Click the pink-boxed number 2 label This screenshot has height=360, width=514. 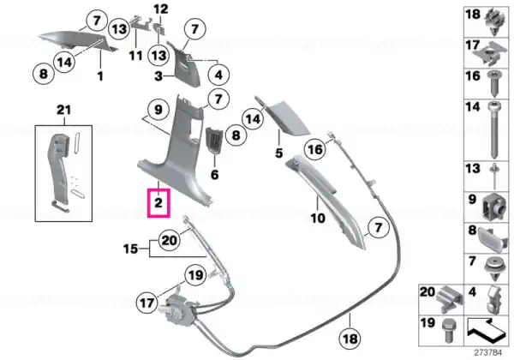pos(158,203)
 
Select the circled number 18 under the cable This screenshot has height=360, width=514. pos(350,339)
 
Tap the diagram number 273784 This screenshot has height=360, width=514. pos(487,353)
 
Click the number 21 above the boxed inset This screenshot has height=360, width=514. pos(64,110)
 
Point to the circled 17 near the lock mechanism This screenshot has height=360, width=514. pos(146,303)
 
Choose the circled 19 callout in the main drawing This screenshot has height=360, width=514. pos(195,275)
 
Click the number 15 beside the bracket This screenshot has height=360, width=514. pos(130,249)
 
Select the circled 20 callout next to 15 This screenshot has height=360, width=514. pos(169,241)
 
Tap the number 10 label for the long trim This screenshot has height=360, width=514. pos(318,218)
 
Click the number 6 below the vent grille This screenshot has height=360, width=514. pos(215,174)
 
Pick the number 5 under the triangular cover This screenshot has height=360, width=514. pos(279,153)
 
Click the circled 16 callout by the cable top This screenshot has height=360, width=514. pos(315,149)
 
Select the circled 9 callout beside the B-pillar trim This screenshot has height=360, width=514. pos(158,110)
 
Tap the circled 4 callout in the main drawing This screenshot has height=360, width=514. pos(218,75)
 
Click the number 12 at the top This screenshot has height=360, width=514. pos(161,9)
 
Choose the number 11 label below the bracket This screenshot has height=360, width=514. pos(135,56)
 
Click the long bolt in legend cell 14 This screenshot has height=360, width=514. pos(494,129)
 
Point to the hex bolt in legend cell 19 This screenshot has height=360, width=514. pos(448,330)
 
